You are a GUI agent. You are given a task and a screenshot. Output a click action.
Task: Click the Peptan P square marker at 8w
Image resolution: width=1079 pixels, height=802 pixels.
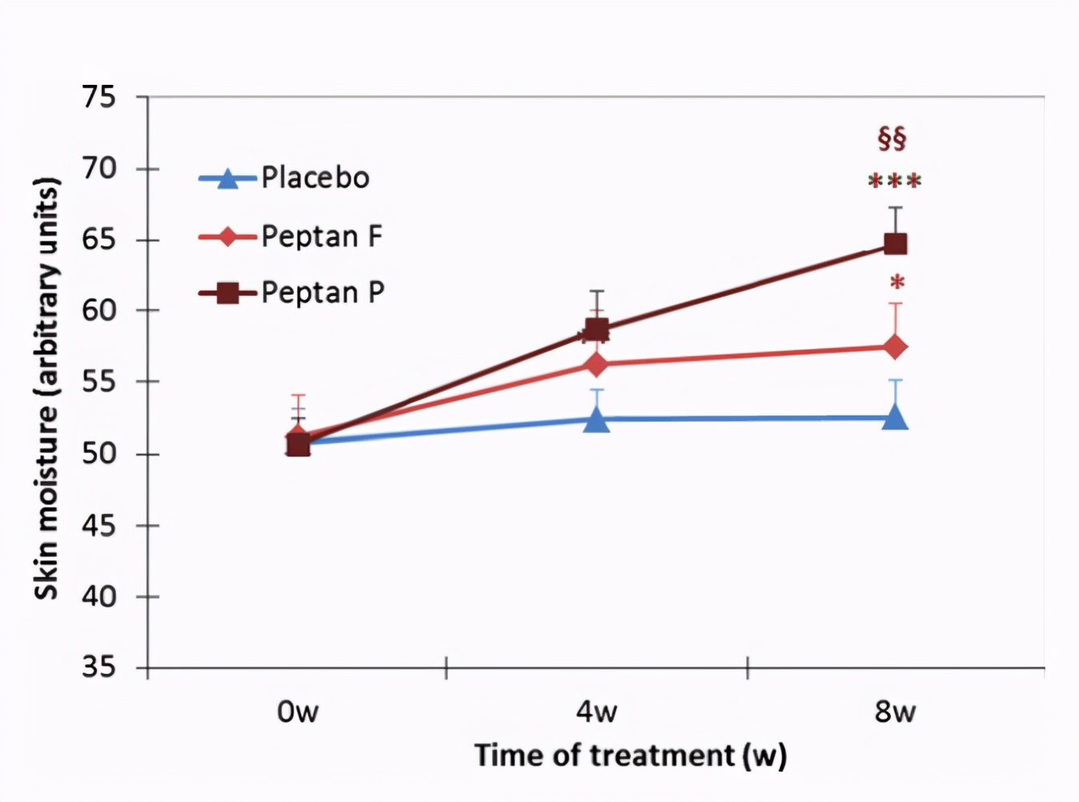click(x=895, y=244)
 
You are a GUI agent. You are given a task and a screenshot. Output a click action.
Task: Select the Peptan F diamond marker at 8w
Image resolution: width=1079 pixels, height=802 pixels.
click(x=895, y=347)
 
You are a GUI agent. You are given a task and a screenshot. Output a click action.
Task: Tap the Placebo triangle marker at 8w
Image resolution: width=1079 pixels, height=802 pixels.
click(x=895, y=417)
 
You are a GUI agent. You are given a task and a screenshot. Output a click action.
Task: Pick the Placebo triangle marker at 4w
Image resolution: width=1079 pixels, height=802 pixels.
click(x=596, y=419)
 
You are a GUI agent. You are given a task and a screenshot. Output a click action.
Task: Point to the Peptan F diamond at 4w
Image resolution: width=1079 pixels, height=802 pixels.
click(x=596, y=364)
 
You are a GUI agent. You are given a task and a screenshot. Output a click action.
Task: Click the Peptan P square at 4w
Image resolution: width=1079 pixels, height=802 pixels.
click(x=596, y=329)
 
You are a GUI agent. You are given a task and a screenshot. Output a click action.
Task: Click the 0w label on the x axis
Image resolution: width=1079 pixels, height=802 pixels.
click(x=298, y=712)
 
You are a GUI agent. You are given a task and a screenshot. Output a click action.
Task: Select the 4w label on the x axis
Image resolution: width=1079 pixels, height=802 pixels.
click(x=596, y=712)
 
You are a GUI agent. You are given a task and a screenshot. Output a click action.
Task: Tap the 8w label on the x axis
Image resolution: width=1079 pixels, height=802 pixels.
click(x=895, y=712)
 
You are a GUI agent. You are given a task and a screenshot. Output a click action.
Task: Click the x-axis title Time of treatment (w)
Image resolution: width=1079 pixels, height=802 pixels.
click(x=630, y=756)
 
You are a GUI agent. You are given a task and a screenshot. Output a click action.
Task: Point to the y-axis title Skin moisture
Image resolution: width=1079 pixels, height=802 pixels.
click(x=47, y=387)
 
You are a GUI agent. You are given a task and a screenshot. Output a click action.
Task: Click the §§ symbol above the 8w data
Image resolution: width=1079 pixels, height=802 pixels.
click(x=892, y=138)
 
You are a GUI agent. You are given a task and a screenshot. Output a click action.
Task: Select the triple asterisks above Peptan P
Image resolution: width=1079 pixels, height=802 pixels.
click(x=895, y=181)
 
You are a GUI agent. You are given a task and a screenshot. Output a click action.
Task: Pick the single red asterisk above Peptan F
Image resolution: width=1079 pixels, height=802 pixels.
click(x=897, y=283)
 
